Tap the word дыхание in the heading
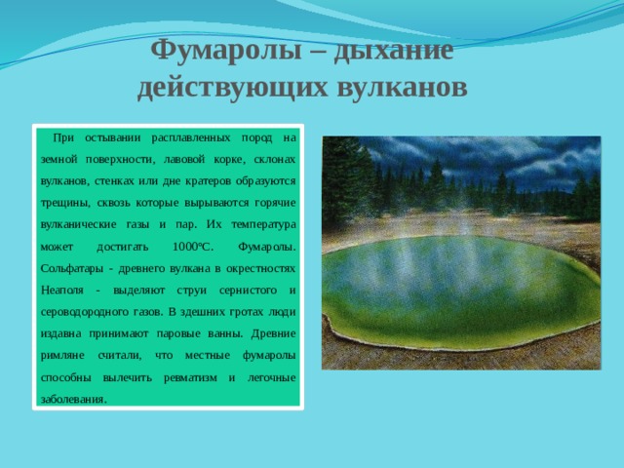pos(394,52)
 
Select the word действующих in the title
pos(232,88)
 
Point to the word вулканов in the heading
pos(402,87)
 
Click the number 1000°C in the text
pos(193,247)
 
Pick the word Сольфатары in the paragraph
pos(71,269)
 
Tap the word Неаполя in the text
pos(62,291)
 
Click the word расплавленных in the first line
pos(191,138)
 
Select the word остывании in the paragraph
pos(113,138)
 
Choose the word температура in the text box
pos(263,225)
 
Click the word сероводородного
pos(85,312)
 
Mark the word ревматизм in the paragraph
pos(190,377)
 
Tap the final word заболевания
pos(74,399)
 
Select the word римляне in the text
pos(62,355)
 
